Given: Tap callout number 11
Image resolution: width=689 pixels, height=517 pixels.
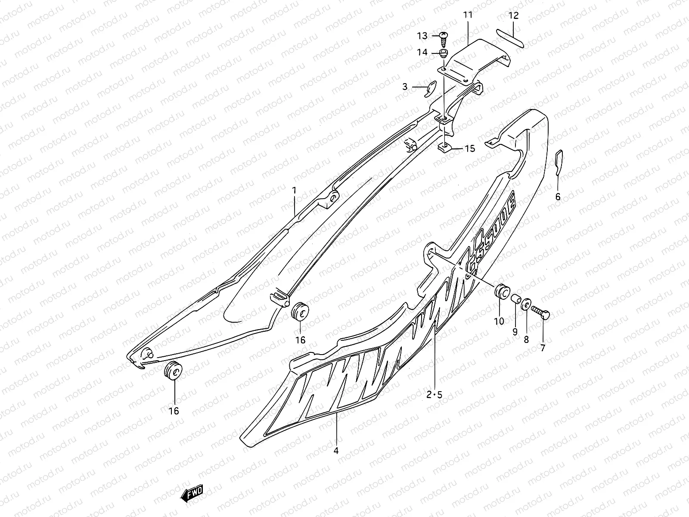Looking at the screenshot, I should [x=468, y=15].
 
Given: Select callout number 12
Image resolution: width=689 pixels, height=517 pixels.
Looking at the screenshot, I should [x=513, y=16].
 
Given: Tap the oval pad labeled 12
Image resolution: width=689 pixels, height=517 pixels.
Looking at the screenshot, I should [x=510, y=38].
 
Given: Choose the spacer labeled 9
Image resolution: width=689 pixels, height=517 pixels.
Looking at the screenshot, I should [x=515, y=299].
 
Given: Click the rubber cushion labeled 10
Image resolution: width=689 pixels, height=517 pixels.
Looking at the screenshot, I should [x=501, y=292].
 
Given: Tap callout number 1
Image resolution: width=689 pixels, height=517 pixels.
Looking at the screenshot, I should [x=295, y=190].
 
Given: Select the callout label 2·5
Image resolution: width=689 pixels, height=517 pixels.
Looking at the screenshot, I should [x=434, y=394].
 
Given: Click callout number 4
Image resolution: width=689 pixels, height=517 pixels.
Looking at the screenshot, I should [x=336, y=451].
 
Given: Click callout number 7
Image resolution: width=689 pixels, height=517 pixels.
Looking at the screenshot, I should [x=542, y=348].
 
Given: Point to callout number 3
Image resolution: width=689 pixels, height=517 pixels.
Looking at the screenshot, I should [x=405, y=87].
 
